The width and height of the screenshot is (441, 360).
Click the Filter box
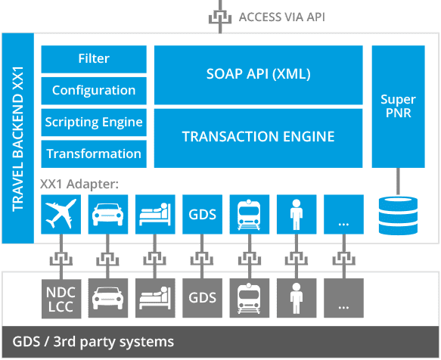(94, 58)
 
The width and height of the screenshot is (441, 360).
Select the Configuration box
(94, 90)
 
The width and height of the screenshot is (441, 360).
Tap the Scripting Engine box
(94, 122)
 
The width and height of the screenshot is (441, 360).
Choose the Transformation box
(94, 154)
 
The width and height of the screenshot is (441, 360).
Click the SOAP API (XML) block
(258, 75)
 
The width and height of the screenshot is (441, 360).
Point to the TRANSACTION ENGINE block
(258, 137)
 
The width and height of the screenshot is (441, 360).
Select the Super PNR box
(398, 107)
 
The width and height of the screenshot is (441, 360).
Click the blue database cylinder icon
(398, 214)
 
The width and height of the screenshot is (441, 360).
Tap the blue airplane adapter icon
(60, 214)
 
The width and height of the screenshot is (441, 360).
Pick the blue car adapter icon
(107, 214)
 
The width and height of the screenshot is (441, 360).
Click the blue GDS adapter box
(200, 214)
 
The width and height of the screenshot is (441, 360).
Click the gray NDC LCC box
(60, 297)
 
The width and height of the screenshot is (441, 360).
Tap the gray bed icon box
(154, 297)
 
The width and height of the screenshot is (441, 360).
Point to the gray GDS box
(200, 297)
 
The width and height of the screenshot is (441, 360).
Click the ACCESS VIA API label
(281, 16)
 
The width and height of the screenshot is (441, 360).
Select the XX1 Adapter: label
(78, 182)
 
